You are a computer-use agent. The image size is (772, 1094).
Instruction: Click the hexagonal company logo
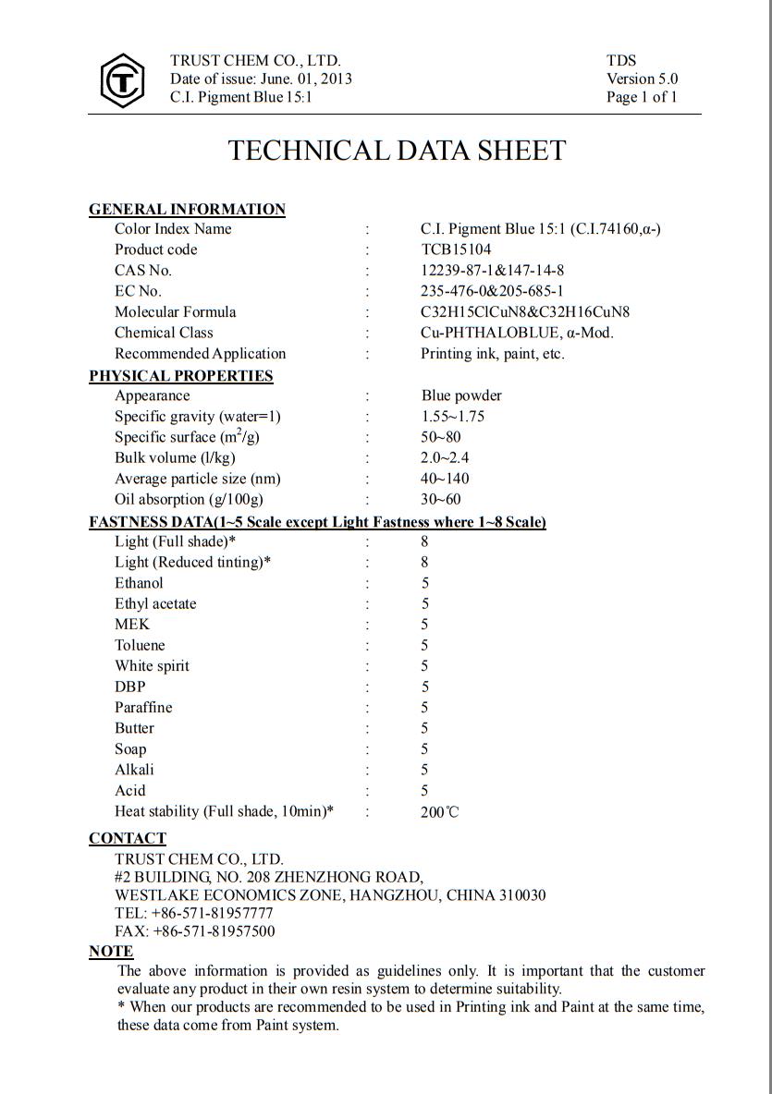coord(121,80)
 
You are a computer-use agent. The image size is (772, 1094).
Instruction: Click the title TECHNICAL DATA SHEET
coord(397,151)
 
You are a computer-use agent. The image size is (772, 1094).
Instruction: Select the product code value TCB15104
coord(456,249)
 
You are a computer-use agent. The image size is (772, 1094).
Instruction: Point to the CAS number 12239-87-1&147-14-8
coord(492,271)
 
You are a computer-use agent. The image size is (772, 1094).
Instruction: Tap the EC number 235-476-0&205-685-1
coord(492,291)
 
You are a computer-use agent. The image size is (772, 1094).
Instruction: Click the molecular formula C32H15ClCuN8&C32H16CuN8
coord(524,312)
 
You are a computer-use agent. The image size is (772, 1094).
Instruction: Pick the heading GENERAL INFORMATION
coord(187,210)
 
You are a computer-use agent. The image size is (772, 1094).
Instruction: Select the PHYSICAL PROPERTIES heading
coord(181,376)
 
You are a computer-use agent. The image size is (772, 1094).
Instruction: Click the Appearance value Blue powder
coord(461,395)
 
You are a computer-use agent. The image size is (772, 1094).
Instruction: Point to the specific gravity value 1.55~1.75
coord(452,417)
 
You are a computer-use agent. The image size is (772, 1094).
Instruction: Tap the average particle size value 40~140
coord(445,479)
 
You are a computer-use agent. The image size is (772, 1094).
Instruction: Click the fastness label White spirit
coord(152,666)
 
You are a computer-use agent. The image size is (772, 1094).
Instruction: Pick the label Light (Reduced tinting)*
coord(192,562)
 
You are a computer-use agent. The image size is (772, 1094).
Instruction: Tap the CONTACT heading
coord(128,839)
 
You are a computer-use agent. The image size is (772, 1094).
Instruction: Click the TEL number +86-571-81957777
coord(213,913)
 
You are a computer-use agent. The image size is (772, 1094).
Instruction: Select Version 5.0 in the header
coord(642,79)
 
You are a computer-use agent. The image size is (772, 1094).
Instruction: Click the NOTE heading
coord(111,952)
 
